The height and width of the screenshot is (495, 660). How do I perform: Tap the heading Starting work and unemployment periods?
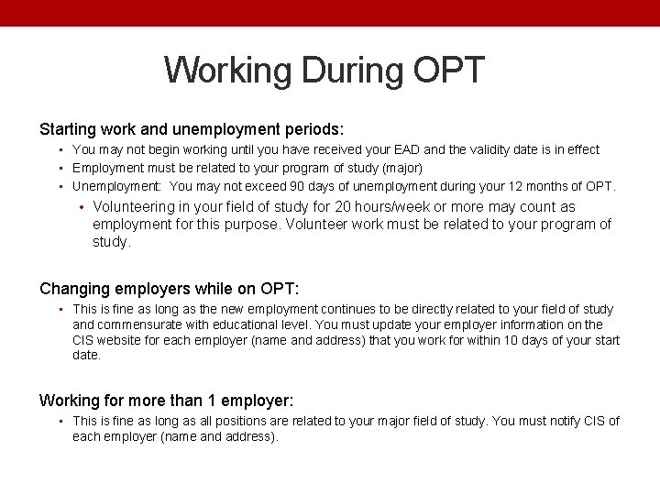tap(192, 129)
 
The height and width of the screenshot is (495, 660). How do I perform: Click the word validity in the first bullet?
tap(514, 149)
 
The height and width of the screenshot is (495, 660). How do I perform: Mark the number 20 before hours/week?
tap(344, 207)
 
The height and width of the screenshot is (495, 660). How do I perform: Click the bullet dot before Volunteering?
tap(82, 207)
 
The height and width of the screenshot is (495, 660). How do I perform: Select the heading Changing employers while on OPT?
tap(170, 289)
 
